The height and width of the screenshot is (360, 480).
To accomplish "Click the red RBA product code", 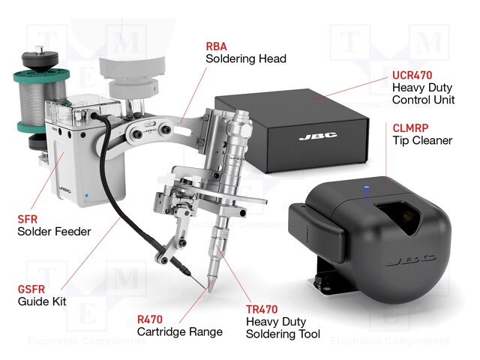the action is [217, 46].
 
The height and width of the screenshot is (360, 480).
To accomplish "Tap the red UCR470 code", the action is [412, 75].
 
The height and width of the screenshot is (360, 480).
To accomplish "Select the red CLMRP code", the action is [410, 128].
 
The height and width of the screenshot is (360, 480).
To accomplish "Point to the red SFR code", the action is [28, 219].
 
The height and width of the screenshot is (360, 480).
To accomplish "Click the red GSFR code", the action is [31, 289].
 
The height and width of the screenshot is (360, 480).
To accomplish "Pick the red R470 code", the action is [150, 319].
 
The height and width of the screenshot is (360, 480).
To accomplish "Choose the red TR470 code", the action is [262, 310].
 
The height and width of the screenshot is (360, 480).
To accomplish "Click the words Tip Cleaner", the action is [422, 140].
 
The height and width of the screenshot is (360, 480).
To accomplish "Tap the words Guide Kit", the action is [42, 301].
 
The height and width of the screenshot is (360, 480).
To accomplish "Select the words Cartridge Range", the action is [180, 331].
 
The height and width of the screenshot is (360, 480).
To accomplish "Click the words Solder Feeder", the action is [54, 232].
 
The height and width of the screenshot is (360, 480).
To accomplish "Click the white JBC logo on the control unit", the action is [318, 136].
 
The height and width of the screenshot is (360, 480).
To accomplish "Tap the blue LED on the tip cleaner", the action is [367, 187].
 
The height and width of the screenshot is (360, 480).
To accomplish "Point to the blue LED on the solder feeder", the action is [87, 195].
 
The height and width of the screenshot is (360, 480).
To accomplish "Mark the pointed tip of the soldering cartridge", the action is [210, 291].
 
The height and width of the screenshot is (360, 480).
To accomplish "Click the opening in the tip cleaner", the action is [396, 217].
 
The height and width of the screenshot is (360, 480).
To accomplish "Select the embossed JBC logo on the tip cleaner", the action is [410, 260].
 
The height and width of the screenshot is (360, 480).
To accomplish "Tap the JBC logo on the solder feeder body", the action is [64, 190].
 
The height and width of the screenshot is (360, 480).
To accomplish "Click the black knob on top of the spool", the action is [40, 58].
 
